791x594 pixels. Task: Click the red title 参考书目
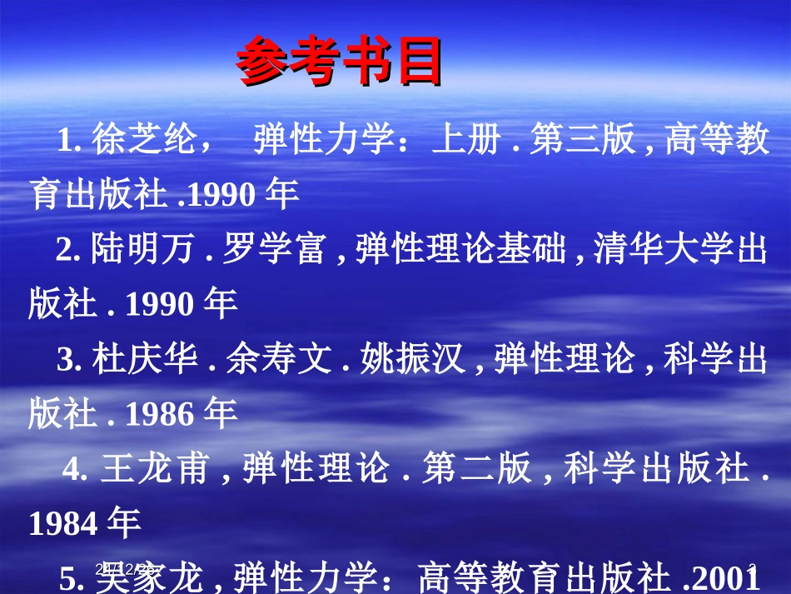[338, 63]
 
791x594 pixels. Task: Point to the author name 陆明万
[143, 250]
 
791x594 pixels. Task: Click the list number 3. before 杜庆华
[67, 360]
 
